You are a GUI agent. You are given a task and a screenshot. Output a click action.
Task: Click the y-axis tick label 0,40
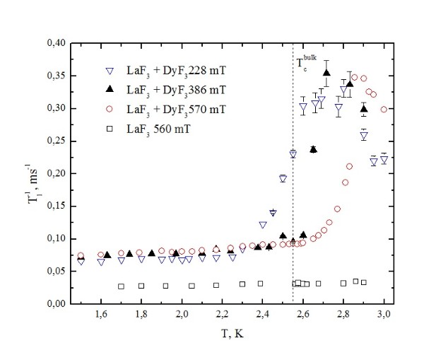[x=56, y=43]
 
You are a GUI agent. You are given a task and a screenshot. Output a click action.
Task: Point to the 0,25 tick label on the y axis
[x=56, y=141]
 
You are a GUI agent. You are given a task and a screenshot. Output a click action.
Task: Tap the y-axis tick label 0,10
[x=56, y=238]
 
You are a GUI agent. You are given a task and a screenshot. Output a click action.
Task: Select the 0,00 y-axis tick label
[x=56, y=303]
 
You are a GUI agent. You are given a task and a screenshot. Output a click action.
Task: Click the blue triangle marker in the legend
[x=110, y=71]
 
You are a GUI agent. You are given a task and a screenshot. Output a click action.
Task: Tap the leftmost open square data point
[x=121, y=286]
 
